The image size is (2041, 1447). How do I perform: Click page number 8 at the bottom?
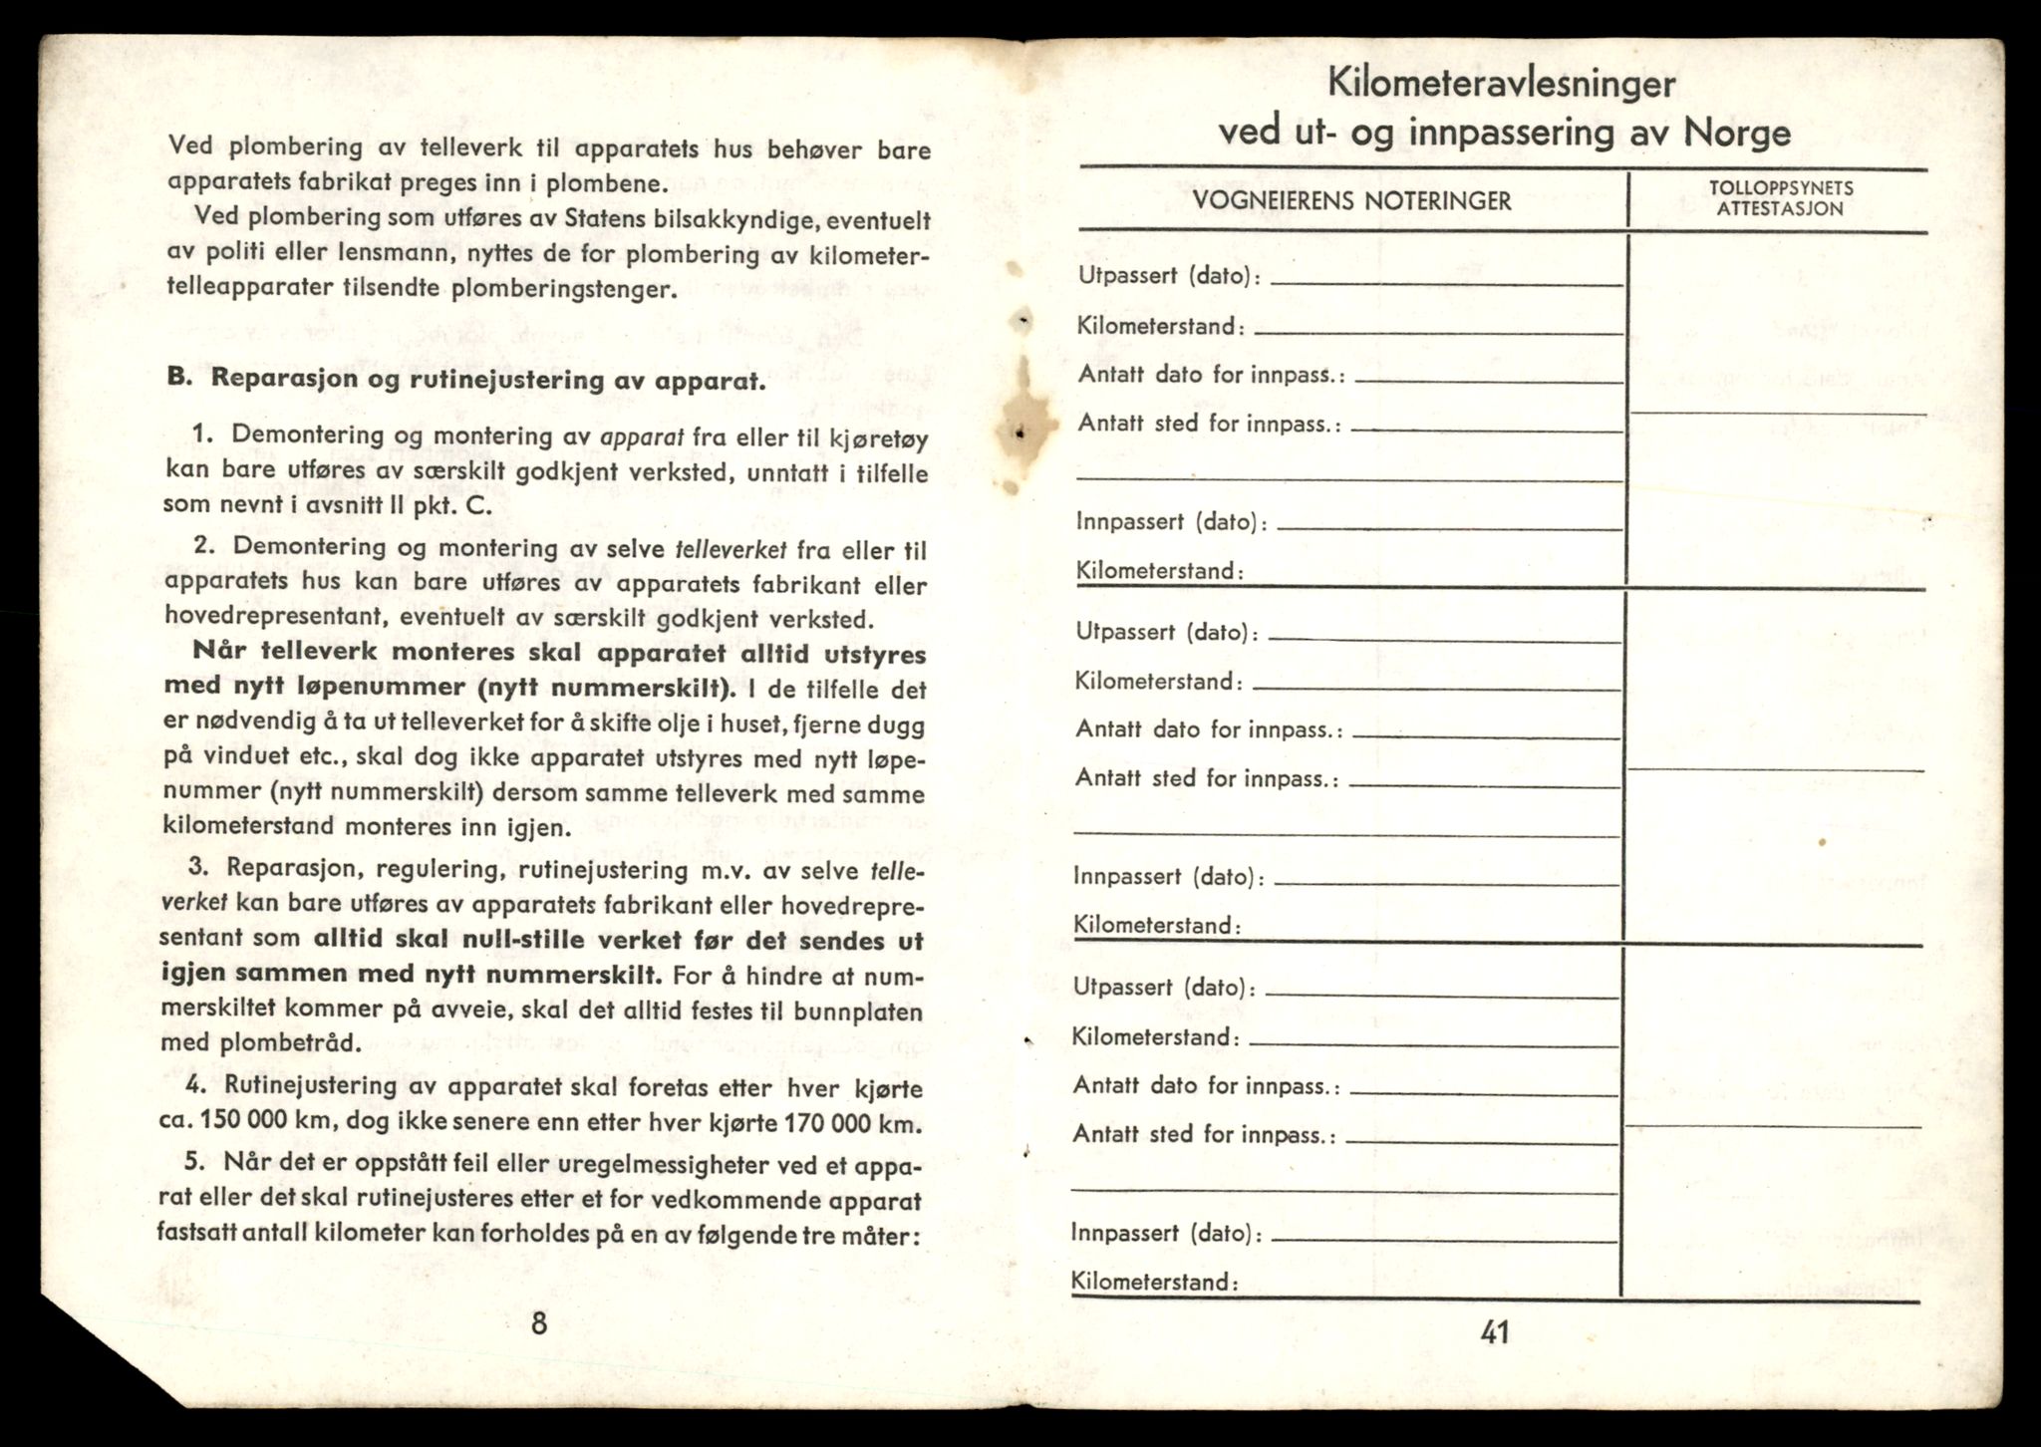(x=539, y=1323)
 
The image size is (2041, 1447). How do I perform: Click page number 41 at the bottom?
(x=1495, y=1332)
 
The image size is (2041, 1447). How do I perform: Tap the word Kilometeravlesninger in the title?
(x=1501, y=84)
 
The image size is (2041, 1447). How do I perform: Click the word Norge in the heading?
(x=1737, y=133)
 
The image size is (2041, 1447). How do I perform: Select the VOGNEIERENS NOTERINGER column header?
(x=1352, y=201)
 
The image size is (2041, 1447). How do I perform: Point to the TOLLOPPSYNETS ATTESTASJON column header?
(x=1780, y=198)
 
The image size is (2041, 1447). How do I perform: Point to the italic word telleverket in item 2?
(x=730, y=549)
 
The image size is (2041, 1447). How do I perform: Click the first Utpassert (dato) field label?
(x=1168, y=276)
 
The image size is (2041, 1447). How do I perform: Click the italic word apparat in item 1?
(x=642, y=436)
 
